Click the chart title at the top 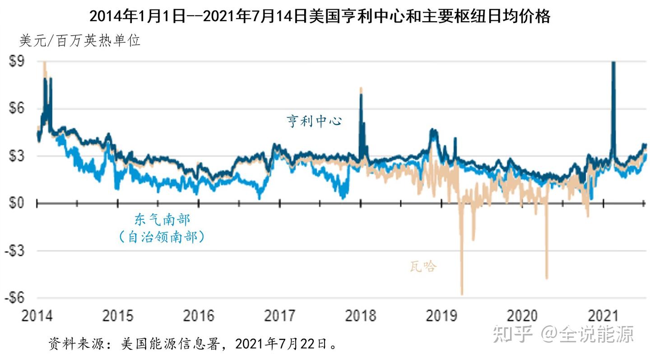pyautogui.click(x=320, y=16)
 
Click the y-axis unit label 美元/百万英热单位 pyautogui.click(x=80, y=41)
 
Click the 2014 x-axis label pyautogui.click(x=37, y=315)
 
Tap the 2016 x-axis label pyautogui.click(x=199, y=315)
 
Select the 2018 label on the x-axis pyautogui.click(x=361, y=315)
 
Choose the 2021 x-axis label pyautogui.click(x=604, y=315)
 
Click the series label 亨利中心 pyautogui.click(x=315, y=121)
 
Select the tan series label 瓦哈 pyautogui.click(x=423, y=267)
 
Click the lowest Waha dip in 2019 pyautogui.click(x=462, y=293)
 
